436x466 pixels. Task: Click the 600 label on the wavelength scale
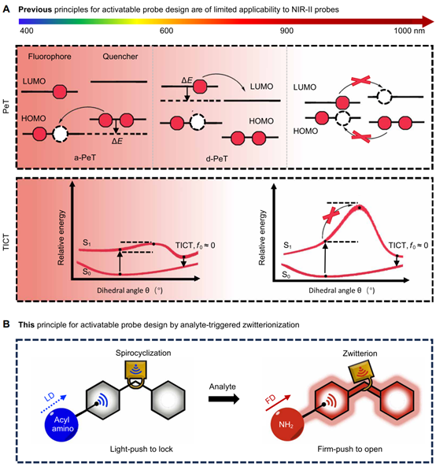[x=166, y=31]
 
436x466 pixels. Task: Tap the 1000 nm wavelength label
[x=409, y=31]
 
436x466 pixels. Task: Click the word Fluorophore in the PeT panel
[x=50, y=57]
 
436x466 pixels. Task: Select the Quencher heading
[x=120, y=57]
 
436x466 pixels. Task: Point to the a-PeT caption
[x=85, y=157]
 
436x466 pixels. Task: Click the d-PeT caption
[x=216, y=159]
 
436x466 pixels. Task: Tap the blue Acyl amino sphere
[x=61, y=424]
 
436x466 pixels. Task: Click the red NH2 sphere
[x=286, y=425]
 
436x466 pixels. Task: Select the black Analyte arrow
[x=224, y=398]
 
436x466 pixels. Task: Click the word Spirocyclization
[x=143, y=353]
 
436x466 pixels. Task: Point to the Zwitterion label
[x=360, y=353]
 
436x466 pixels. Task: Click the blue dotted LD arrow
[x=54, y=404]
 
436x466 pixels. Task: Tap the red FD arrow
[x=278, y=403]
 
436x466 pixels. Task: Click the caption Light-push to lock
[x=141, y=449]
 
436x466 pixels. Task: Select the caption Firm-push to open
[x=349, y=449]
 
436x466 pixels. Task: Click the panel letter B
[x=6, y=324]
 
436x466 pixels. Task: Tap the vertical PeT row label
[x=6, y=107]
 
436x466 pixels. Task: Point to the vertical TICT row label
[x=6, y=242]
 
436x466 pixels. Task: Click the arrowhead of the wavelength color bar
[x=428, y=21]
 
